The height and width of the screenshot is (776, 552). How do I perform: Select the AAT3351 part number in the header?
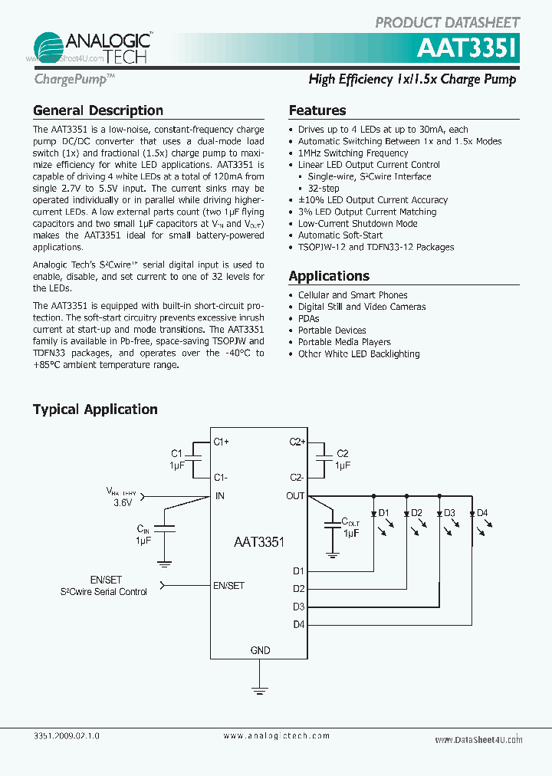click(x=468, y=49)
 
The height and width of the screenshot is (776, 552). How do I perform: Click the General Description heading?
click(x=98, y=110)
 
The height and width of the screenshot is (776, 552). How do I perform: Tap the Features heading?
click(x=317, y=110)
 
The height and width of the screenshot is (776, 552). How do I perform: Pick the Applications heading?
click(x=329, y=276)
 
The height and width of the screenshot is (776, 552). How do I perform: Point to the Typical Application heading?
click(x=95, y=409)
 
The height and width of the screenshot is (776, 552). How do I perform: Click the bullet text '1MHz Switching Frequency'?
click(x=353, y=153)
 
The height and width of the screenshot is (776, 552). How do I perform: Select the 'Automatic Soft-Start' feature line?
click(x=340, y=235)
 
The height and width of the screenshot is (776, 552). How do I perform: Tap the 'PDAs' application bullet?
click(x=309, y=318)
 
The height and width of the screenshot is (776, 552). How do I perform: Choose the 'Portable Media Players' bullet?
click(x=344, y=342)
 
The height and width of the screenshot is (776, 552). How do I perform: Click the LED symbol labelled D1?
click(x=373, y=513)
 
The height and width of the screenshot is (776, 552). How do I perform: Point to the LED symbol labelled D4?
click(x=472, y=513)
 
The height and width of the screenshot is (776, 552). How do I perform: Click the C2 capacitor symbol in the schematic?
click(x=325, y=459)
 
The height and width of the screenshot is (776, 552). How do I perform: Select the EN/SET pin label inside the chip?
click(x=228, y=586)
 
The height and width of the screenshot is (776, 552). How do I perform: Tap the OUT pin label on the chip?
click(x=295, y=496)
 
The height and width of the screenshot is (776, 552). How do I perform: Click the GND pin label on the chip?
click(x=260, y=650)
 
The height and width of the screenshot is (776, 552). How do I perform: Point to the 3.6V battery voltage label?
click(x=123, y=503)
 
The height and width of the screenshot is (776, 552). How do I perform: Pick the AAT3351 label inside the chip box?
click(x=259, y=541)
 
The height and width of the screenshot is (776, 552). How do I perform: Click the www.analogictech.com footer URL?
click(x=277, y=735)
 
